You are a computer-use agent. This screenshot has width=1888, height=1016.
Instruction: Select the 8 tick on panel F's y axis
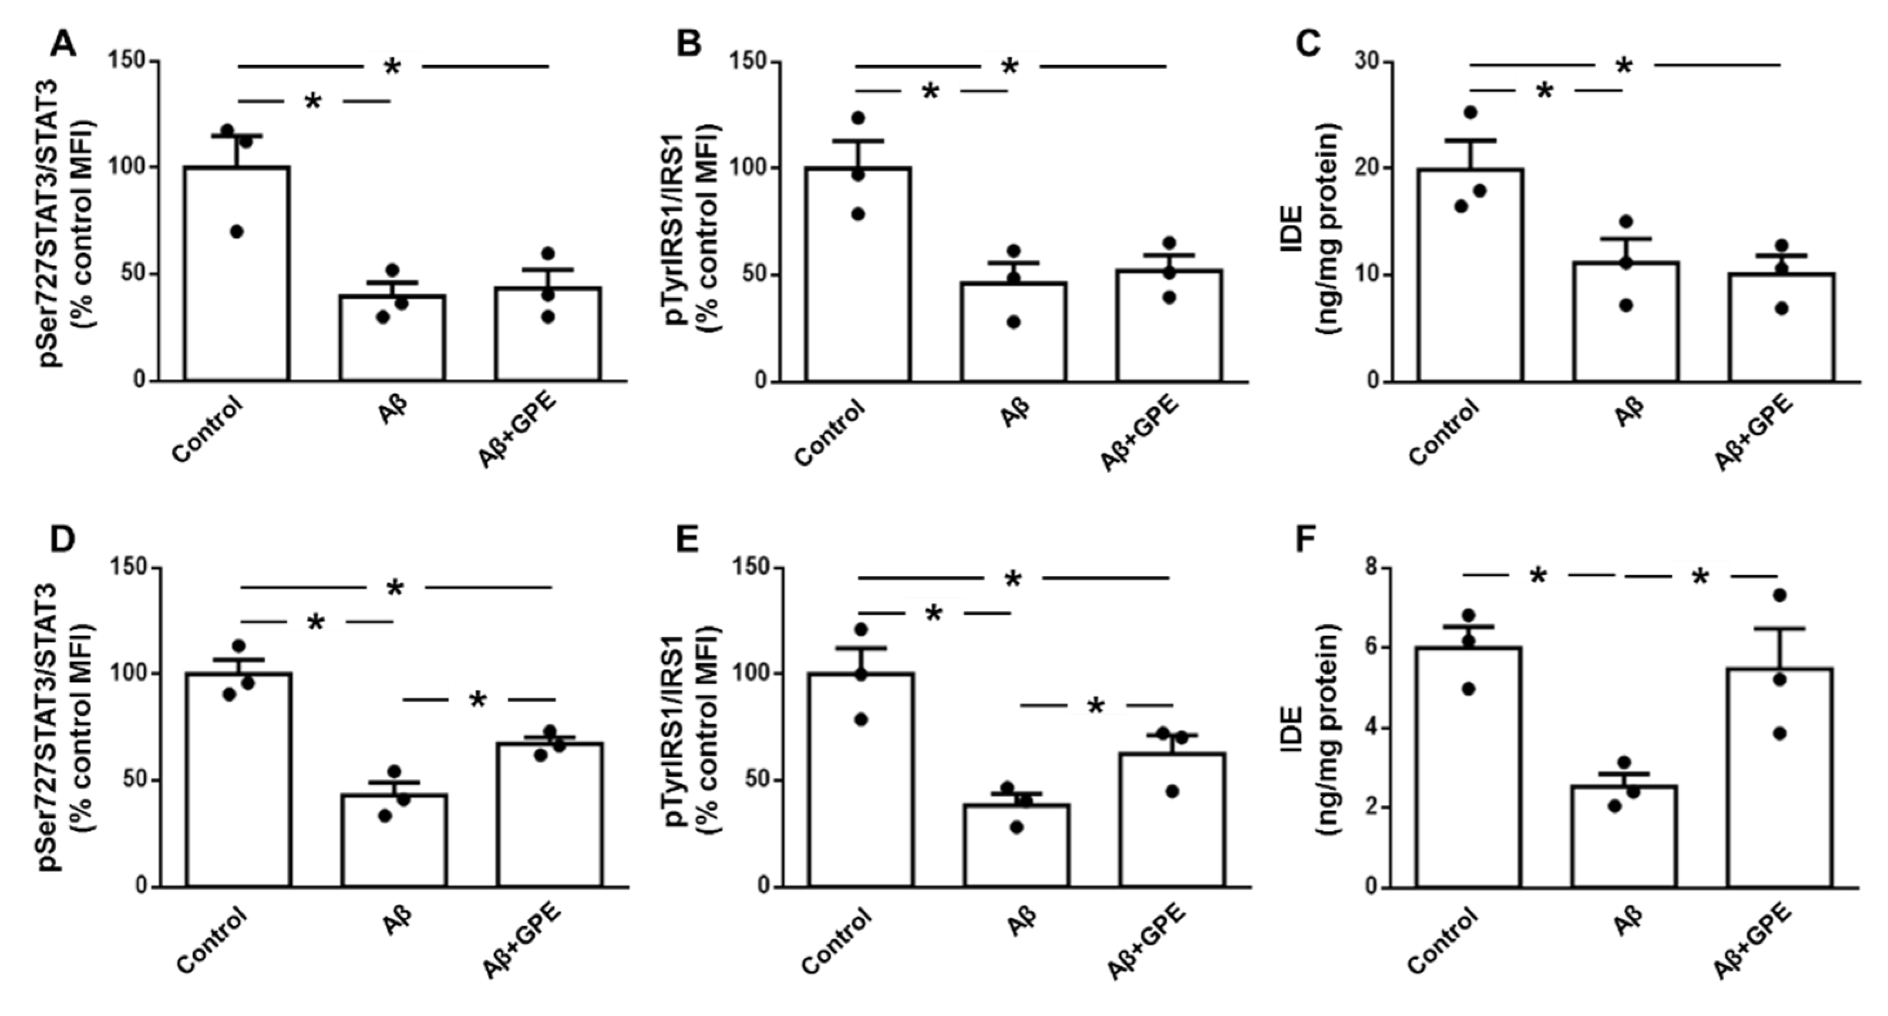(x=1366, y=568)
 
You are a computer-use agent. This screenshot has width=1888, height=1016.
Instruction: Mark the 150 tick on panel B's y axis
(x=751, y=63)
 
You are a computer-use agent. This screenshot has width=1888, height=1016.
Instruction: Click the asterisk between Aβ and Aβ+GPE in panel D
(x=477, y=700)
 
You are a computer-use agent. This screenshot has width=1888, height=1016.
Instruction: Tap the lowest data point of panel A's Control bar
(x=236, y=231)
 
